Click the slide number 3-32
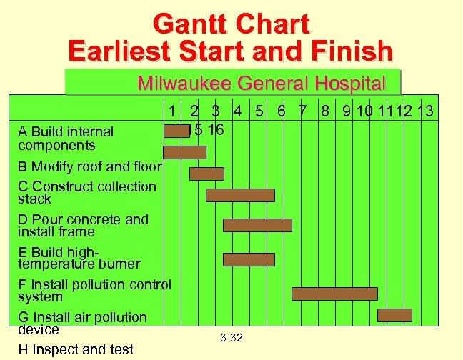[231, 337]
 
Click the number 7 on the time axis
[303, 111]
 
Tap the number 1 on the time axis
[172, 111]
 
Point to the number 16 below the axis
[216, 130]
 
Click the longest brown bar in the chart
[334, 294]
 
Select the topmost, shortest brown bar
[176, 131]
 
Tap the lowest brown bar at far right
[394, 315]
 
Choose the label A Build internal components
[66, 138]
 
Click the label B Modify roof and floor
[90, 167]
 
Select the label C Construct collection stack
[86, 192]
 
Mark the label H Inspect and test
[76, 349]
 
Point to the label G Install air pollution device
[82, 323]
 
